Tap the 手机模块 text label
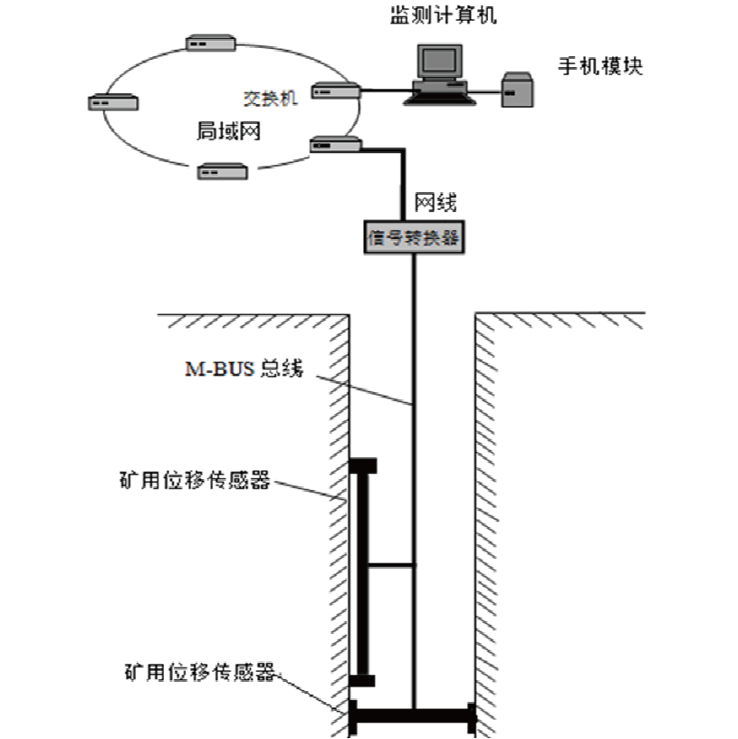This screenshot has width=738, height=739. tap(599, 66)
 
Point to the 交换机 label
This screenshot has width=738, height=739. tap(270, 98)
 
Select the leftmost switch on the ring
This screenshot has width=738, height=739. tap(113, 101)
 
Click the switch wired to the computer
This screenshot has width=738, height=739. tap(336, 90)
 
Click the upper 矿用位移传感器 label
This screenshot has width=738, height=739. tap(195, 479)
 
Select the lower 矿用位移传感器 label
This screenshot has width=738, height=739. tap(200, 673)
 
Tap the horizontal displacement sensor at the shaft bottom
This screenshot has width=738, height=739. tap(413, 714)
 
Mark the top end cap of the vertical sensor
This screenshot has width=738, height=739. tap(363, 466)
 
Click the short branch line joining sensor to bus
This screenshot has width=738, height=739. tap(391, 565)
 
